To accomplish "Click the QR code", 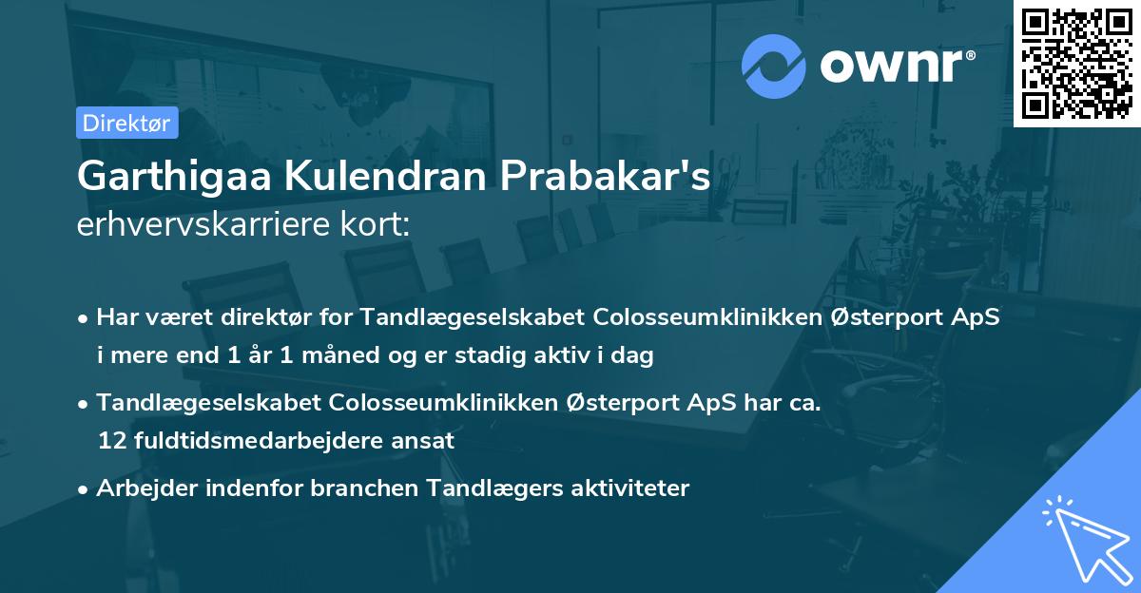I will (x=1076, y=64).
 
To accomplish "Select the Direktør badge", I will (x=126, y=123).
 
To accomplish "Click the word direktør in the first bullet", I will (x=269, y=316).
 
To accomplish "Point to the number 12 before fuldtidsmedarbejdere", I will (x=109, y=441).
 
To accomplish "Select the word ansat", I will (x=428, y=441).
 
